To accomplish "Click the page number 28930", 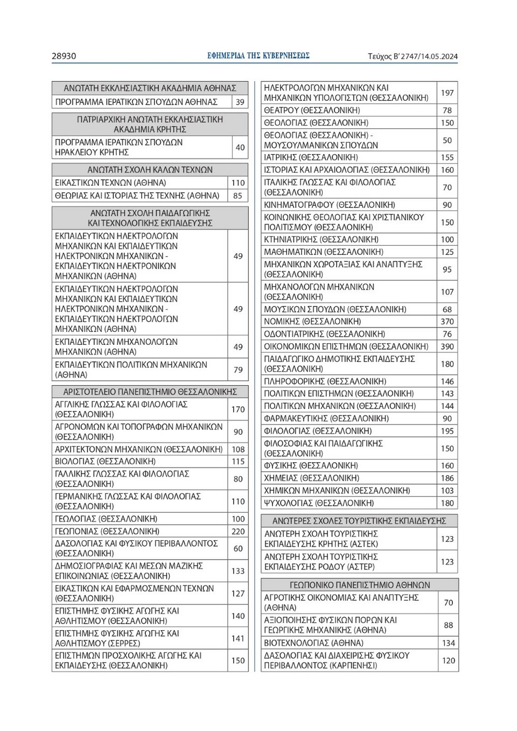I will click(64, 56).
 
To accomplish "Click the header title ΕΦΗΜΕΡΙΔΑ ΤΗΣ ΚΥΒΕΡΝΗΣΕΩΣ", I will click(258, 55).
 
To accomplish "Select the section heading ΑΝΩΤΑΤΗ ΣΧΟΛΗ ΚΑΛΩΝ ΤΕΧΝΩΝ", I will click(150, 170).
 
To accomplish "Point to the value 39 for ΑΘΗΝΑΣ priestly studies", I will click(240, 102).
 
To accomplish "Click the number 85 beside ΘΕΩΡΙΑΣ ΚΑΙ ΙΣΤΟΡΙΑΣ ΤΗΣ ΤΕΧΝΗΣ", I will click(237, 196).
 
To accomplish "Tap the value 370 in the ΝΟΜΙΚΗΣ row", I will click(447, 322).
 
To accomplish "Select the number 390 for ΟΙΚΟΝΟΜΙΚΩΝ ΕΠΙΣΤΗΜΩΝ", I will click(447, 346).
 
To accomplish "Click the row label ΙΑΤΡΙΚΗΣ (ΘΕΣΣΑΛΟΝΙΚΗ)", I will click(311, 157).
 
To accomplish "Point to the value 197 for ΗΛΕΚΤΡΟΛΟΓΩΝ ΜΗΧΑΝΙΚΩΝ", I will click(447, 93).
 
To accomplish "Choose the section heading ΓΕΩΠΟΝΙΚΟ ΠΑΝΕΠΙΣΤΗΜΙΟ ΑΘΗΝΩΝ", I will click(360, 585).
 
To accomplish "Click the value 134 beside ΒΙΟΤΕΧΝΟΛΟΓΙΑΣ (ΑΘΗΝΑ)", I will click(448, 643).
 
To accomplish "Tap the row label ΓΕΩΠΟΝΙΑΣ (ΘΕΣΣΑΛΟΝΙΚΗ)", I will click(107, 531).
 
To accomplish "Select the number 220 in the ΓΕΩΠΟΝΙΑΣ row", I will click(238, 531).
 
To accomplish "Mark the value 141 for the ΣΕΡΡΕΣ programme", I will click(238, 638).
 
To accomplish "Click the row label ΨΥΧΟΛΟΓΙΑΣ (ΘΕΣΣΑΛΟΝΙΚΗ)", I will click(319, 503).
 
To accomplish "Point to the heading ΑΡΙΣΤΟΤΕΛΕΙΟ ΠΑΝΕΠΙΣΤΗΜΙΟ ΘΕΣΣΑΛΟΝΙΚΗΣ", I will click(150, 392).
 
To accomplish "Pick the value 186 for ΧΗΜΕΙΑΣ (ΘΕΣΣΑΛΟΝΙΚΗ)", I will click(447, 478).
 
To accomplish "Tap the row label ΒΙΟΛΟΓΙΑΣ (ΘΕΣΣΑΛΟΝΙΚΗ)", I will click(105, 462).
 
